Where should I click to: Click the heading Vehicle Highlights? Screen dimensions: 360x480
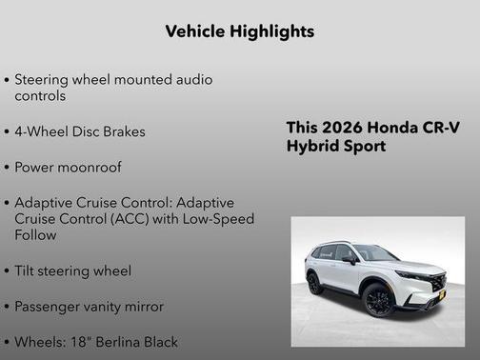point(239,31)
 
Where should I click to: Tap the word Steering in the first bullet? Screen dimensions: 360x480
point(45,80)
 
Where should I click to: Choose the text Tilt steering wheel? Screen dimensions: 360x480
point(73,270)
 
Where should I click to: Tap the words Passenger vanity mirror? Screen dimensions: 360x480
point(89,306)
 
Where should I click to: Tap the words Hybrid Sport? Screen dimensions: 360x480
point(336,147)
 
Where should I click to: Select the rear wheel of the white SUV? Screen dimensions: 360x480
point(314,284)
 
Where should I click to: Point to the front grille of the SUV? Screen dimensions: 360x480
point(438,283)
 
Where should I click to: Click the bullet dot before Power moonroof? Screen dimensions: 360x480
point(8,168)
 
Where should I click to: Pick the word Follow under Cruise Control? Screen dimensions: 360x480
point(36,234)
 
